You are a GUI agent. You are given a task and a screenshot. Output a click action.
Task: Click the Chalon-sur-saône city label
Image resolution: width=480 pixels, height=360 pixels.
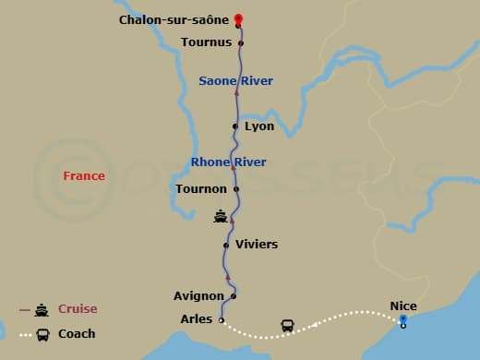coord(174,19)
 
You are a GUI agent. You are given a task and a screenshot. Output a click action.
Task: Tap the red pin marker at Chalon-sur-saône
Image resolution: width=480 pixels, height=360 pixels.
coord(238,18)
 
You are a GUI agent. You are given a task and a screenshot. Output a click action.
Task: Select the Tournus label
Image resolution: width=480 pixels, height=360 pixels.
coord(207,42)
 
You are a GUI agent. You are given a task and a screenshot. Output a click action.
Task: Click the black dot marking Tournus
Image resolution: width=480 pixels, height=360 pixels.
coord(241,42)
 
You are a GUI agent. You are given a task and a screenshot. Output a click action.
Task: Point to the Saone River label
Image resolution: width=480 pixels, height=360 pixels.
coord(235,81)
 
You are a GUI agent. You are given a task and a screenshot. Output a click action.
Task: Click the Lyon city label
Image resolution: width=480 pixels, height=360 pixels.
coord(259,126)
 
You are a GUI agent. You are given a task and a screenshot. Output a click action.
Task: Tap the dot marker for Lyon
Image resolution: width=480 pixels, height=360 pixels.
coord(237,126)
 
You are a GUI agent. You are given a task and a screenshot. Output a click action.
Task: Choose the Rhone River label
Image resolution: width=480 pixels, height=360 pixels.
coord(228,162)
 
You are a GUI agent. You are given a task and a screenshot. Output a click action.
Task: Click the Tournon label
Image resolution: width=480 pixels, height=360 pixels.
coord(200,189)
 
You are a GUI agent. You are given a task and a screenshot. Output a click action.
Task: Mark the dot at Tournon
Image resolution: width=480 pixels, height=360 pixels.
coord(236,189)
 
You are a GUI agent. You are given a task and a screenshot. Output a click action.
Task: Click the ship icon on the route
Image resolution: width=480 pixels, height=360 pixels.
coord(221,217)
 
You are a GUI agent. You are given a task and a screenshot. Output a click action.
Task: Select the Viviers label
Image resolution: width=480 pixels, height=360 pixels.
coord(257,245)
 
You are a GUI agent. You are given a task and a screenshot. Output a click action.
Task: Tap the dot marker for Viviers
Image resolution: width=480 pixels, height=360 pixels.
coord(226,245)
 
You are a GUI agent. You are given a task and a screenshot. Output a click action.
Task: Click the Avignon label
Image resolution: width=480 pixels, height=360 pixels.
coord(198,296)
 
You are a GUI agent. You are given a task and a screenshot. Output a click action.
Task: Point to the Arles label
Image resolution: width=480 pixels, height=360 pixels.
coord(196,320)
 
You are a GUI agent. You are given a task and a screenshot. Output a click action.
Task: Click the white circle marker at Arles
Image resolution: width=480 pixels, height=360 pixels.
coord(222,320)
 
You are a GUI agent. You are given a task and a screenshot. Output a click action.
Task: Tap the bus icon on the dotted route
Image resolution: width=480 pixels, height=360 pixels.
coord(288,326)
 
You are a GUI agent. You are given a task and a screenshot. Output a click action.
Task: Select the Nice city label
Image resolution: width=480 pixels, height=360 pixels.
coord(402,305)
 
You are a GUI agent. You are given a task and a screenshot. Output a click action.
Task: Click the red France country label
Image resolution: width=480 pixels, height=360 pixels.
coord(84,175)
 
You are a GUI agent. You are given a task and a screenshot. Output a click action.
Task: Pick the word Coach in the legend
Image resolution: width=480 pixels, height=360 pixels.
coord(77,333)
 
